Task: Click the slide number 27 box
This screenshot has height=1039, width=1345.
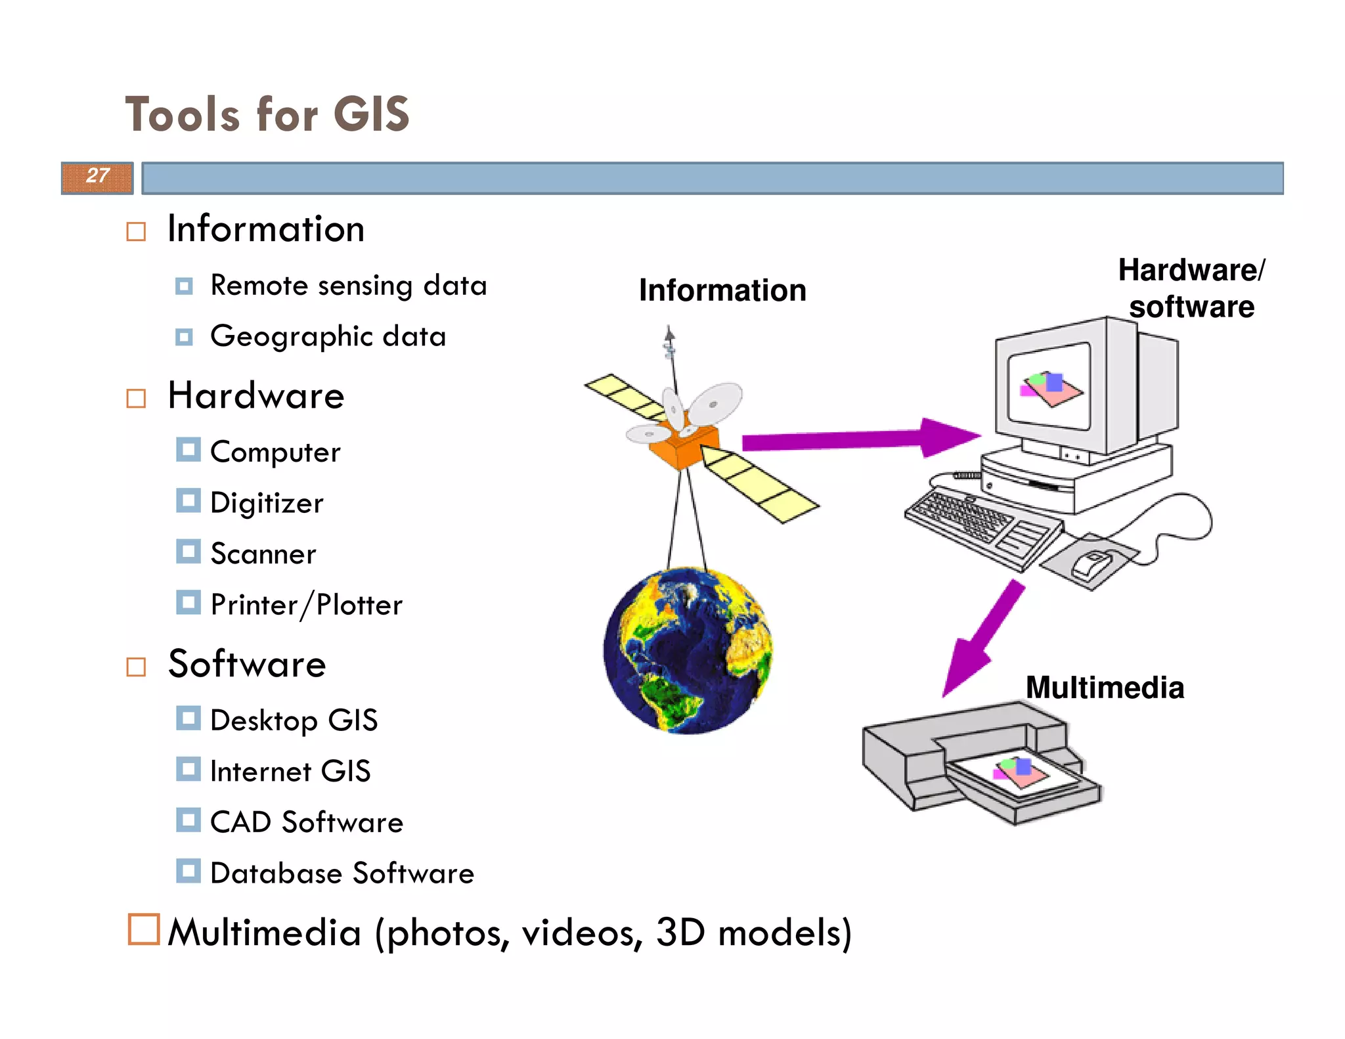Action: point(97,177)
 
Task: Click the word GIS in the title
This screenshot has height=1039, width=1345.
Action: point(371,115)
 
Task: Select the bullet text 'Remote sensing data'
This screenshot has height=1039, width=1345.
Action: point(348,286)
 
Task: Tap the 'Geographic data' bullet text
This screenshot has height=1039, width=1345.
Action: point(328,336)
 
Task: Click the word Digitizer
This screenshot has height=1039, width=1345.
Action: point(267,503)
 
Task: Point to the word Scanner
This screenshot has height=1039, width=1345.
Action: point(263,554)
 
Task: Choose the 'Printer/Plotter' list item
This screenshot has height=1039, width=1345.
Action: point(306,605)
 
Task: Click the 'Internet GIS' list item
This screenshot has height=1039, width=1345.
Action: point(290,771)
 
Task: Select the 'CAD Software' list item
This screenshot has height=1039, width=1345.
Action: point(306,822)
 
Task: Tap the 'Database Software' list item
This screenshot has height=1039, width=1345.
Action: point(342,873)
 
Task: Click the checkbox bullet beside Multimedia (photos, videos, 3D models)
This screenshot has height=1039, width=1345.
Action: point(143,929)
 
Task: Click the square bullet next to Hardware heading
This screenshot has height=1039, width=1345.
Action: point(136,398)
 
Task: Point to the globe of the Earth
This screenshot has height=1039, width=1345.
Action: point(688,650)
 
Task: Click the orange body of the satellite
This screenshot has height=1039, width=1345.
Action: point(683,447)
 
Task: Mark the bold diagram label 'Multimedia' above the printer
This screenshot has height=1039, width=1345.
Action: point(1105,688)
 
